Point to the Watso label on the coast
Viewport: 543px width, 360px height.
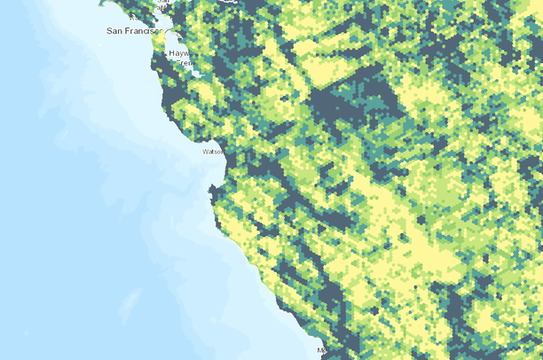click(x=214, y=152)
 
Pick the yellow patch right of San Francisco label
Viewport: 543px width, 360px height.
click(x=161, y=38)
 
